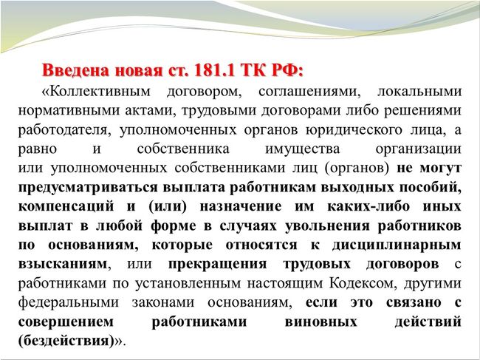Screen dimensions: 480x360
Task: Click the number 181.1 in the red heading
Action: tap(214, 71)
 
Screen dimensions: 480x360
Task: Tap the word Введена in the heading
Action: tap(76, 71)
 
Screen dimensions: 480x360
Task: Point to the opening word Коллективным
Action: tap(99, 92)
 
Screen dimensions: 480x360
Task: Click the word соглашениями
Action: tap(309, 92)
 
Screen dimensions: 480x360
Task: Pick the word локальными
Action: tap(419, 92)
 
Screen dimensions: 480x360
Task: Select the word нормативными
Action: tap(68, 111)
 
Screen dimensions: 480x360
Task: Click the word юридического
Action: tap(354, 130)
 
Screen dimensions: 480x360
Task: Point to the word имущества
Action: tap(302, 149)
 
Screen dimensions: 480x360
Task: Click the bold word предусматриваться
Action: tap(88, 188)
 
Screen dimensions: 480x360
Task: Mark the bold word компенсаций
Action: tap(66, 207)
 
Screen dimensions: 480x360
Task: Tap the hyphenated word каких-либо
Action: tap(368, 206)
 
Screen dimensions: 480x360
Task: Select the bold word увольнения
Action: tap(327, 225)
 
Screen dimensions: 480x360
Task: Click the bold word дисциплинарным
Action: tap(397, 245)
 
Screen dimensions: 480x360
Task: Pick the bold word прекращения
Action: tap(217, 264)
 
